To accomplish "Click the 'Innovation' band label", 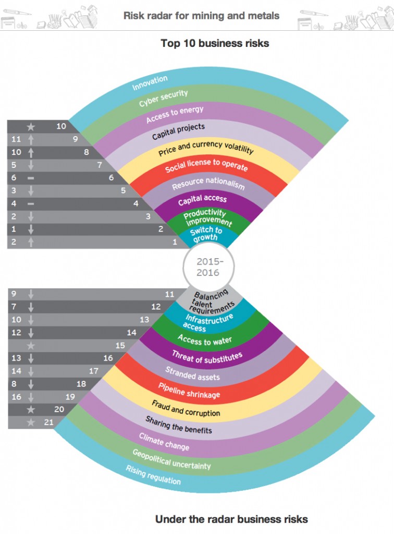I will [x=150, y=82].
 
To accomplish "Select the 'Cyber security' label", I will [x=163, y=98].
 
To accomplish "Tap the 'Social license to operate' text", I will [x=206, y=165].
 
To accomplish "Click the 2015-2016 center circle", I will [x=208, y=266].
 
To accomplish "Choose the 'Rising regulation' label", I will [x=153, y=475].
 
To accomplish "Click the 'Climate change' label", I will [x=164, y=441].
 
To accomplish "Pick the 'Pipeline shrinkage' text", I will [x=189, y=390].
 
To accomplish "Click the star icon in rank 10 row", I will [x=31, y=126].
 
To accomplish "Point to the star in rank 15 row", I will [x=31, y=345].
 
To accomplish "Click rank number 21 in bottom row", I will [x=48, y=422].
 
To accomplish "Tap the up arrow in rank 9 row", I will [x=31, y=139].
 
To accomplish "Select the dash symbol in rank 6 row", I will [x=31, y=177].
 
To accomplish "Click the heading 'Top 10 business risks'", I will [x=215, y=43].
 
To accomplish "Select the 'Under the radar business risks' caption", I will [x=231, y=519].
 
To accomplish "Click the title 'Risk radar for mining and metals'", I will [x=201, y=16].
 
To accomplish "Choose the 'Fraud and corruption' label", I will [x=186, y=408].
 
